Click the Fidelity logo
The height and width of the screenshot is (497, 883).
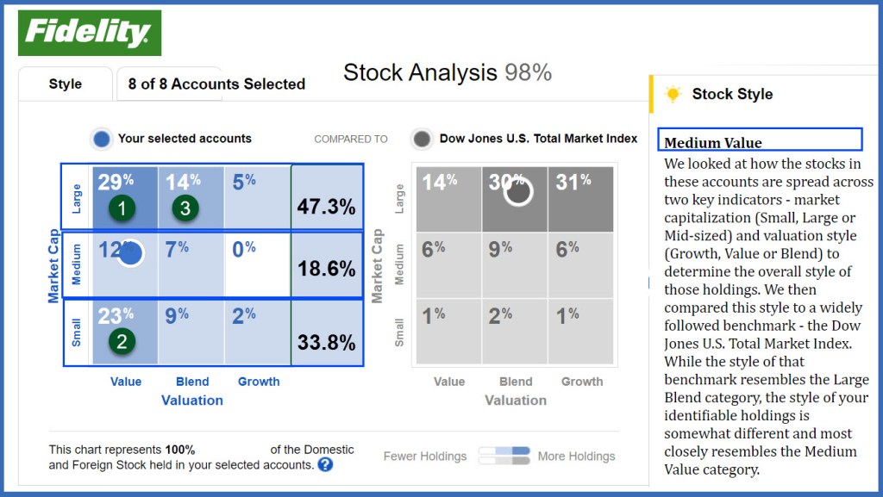(89, 33)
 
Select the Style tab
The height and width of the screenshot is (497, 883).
(66, 84)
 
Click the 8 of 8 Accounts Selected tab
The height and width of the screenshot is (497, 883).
(216, 84)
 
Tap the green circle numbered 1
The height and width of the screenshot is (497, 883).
(122, 208)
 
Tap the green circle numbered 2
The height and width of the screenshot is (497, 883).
(122, 342)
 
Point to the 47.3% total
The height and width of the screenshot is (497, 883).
(326, 208)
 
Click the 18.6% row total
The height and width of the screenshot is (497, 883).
(326, 269)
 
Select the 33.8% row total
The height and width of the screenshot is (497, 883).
(326, 343)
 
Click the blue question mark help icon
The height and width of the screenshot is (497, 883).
(325, 465)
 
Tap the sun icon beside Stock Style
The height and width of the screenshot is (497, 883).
(673, 94)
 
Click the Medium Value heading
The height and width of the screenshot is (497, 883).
(714, 142)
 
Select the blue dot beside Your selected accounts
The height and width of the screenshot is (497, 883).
(102, 139)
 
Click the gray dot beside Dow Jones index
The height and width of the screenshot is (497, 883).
(422, 139)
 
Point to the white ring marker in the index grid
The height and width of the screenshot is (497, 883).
(518, 191)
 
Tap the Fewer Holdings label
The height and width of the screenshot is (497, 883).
(424, 457)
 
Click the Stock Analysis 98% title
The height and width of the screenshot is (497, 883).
(447, 72)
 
